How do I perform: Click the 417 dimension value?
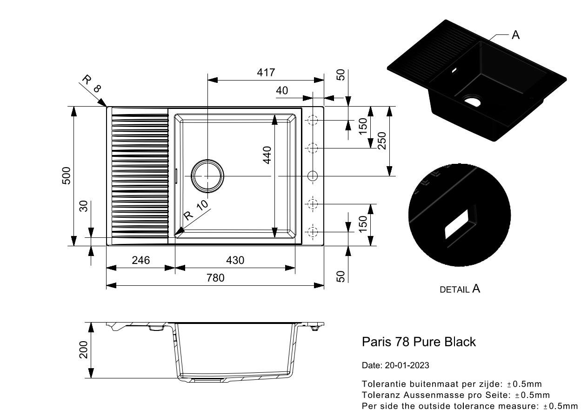click(x=267, y=73)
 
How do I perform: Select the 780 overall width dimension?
click(x=215, y=278)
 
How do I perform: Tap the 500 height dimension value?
click(x=67, y=175)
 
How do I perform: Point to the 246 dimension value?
click(x=140, y=260)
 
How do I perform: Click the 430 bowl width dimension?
click(x=235, y=260)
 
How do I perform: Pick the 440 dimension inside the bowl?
click(x=267, y=155)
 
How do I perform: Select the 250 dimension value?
click(x=381, y=141)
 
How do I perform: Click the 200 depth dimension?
click(x=84, y=350)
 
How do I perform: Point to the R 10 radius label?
click(x=196, y=210)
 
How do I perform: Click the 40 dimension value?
click(x=282, y=91)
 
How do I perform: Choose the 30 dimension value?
click(x=84, y=206)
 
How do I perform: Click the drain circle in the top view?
click(x=208, y=176)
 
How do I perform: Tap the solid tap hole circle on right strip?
click(x=313, y=176)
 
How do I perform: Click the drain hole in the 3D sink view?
click(x=473, y=101)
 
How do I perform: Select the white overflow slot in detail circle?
click(x=457, y=224)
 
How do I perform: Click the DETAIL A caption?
click(x=460, y=289)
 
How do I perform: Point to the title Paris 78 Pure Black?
click(x=419, y=342)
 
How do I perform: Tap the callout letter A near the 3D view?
click(x=515, y=35)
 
